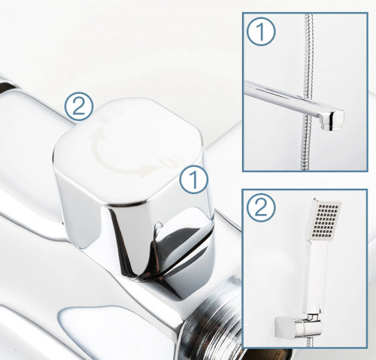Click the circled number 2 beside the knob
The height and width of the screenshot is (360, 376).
(x=79, y=107)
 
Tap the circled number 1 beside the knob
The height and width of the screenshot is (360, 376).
(x=194, y=179)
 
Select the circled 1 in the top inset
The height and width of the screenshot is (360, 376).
(x=261, y=32)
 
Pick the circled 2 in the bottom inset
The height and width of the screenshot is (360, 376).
(x=261, y=207)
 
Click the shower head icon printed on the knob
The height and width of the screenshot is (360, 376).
(x=112, y=115)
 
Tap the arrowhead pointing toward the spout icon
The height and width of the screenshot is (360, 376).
(x=146, y=169)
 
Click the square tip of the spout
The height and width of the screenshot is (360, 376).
(x=332, y=120)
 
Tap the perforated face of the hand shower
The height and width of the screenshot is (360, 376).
(x=325, y=221)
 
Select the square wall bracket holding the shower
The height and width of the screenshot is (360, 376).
(x=285, y=327)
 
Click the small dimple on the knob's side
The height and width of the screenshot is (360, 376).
(x=159, y=225)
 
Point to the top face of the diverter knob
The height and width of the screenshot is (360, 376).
(x=129, y=150)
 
